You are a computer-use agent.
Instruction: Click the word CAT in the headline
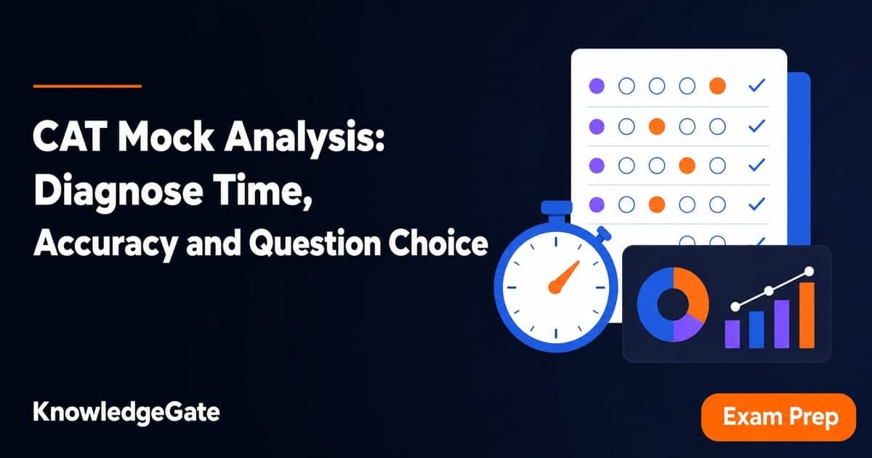pyautogui.click(x=70, y=137)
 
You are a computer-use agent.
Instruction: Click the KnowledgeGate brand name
pyautogui.click(x=126, y=412)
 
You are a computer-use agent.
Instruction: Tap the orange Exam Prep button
pyautogui.click(x=778, y=417)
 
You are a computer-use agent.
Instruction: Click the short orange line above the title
pyautogui.click(x=88, y=86)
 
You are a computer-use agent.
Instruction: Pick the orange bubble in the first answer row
pyautogui.click(x=717, y=86)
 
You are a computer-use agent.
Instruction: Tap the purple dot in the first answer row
pyautogui.click(x=597, y=86)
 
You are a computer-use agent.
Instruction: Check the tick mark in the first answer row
pyautogui.click(x=756, y=85)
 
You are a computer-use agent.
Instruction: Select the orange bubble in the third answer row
pyautogui.click(x=687, y=166)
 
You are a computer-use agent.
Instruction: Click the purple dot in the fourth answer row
pyautogui.click(x=597, y=204)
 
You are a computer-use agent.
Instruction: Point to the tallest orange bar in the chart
pyautogui.click(x=807, y=315)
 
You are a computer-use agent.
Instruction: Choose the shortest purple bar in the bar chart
pyautogui.click(x=732, y=334)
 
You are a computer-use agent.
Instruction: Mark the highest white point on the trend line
pyautogui.click(x=809, y=271)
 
